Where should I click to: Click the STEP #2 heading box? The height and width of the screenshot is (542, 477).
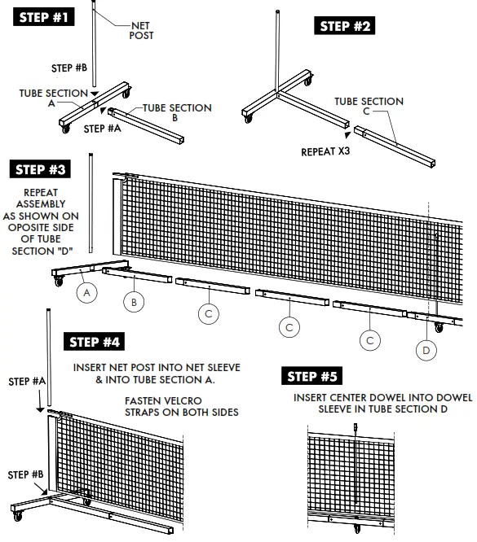coord(345,26)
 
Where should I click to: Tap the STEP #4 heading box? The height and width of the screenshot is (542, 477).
coord(95,342)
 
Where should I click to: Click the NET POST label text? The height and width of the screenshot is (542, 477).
coord(143,30)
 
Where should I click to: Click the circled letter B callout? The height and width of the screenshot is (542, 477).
coord(135,301)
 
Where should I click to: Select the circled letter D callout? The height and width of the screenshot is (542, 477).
coord(425,350)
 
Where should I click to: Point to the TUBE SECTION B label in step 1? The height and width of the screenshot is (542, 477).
coord(177,113)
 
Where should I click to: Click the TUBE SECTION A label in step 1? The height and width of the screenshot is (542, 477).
coord(51,98)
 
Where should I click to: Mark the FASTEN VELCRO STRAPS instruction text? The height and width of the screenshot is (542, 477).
coord(181,407)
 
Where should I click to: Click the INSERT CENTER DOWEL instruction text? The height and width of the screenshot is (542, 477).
coord(383,404)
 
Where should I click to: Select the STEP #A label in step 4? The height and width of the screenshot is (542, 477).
coord(27,380)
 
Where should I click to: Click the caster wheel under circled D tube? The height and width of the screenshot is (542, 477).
coord(439,327)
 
